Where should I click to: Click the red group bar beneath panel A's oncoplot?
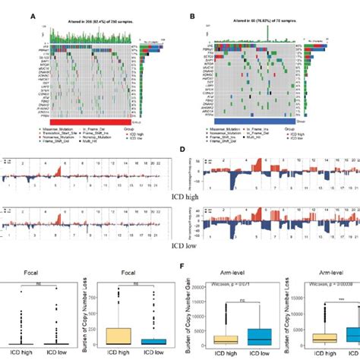tap(91, 120)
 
